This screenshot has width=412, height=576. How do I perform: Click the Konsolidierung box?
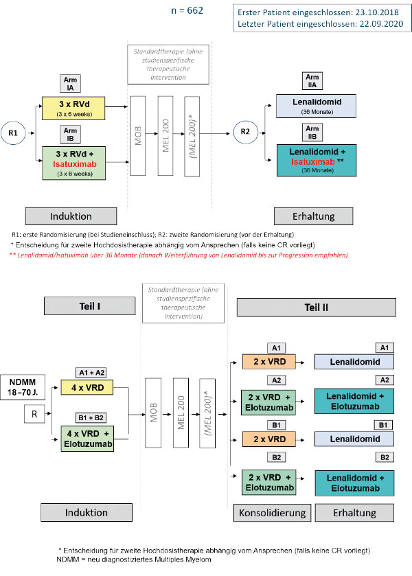(271, 513)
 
